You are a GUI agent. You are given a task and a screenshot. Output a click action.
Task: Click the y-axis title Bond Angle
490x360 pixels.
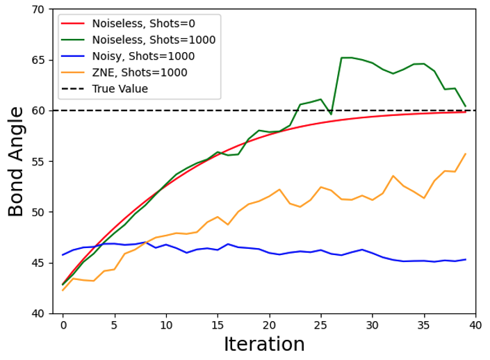pyautogui.click(x=16, y=161)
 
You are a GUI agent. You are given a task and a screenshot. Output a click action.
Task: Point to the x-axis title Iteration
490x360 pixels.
pyautogui.click(x=264, y=344)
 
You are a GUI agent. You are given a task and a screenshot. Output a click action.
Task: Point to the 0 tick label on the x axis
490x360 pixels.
pyautogui.click(x=63, y=324)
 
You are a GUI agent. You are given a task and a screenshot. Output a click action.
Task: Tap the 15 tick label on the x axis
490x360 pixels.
pyautogui.click(x=218, y=324)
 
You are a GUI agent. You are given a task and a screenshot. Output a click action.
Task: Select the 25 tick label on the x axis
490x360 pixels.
pyautogui.click(x=320, y=324)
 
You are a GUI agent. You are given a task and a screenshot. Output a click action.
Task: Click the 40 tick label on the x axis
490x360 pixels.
pyautogui.click(x=475, y=324)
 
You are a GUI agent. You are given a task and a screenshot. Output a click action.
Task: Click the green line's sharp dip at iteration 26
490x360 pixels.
pyautogui.click(x=331, y=114)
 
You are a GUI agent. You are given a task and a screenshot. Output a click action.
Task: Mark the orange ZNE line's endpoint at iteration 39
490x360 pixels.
pyautogui.click(x=465, y=154)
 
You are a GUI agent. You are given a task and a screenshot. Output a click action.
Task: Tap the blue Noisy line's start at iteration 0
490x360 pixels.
pyautogui.click(x=63, y=255)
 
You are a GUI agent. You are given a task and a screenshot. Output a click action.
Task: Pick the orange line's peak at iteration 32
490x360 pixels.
pyautogui.click(x=393, y=176)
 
